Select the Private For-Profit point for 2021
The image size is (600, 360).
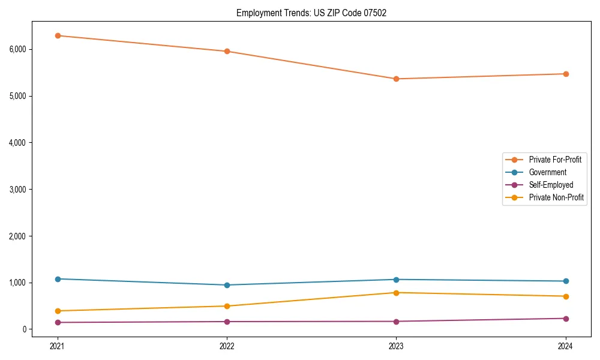[58, 35]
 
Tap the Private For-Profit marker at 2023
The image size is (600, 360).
[396, 79]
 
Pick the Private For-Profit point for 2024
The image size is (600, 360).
[565, 74]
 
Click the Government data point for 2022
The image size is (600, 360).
[227, 285]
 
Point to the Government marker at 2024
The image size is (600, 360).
[565, 281]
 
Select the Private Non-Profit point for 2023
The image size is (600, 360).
[396, 293]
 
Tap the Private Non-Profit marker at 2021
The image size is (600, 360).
[58, 311]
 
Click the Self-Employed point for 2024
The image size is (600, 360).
[565, 319]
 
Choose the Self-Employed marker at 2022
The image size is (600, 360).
[227, 322]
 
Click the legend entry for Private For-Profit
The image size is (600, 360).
[555, 160]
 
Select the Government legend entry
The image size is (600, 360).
[547, 172]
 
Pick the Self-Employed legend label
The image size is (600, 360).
[551, 185]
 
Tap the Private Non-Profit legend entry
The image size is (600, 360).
[556, 197]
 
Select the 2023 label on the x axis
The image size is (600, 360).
[396, 346]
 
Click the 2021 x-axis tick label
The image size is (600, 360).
[58, 346]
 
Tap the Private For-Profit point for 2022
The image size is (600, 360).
[227, 51]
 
